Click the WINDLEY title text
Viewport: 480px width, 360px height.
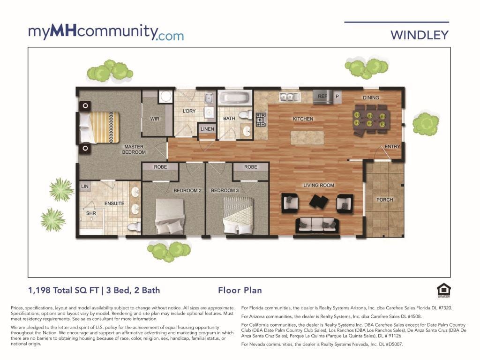coord(420,35)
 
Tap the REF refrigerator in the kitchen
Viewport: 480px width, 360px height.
coord(322,97)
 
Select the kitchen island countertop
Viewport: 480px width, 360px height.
coord(307,138)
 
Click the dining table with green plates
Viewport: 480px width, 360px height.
coord(371,120)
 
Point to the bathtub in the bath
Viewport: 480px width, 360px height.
coord(235,97)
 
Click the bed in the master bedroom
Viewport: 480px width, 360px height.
coord(99,127)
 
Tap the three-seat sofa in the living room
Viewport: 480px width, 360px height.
coord(317,226)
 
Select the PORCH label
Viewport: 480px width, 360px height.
coord(384,200)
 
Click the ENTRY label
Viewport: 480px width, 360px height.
coord(392,147)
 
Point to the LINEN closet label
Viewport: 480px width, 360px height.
coord(207,129)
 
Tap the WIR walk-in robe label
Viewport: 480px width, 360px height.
coord(155,119)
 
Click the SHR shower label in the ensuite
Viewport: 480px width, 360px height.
coord(91,213)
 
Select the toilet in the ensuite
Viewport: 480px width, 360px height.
coord(134,227)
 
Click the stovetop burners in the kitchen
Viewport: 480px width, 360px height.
coord(261,120)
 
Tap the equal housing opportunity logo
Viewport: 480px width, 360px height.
coord(443,291)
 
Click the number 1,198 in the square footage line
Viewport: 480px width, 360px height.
coord(39,290)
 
